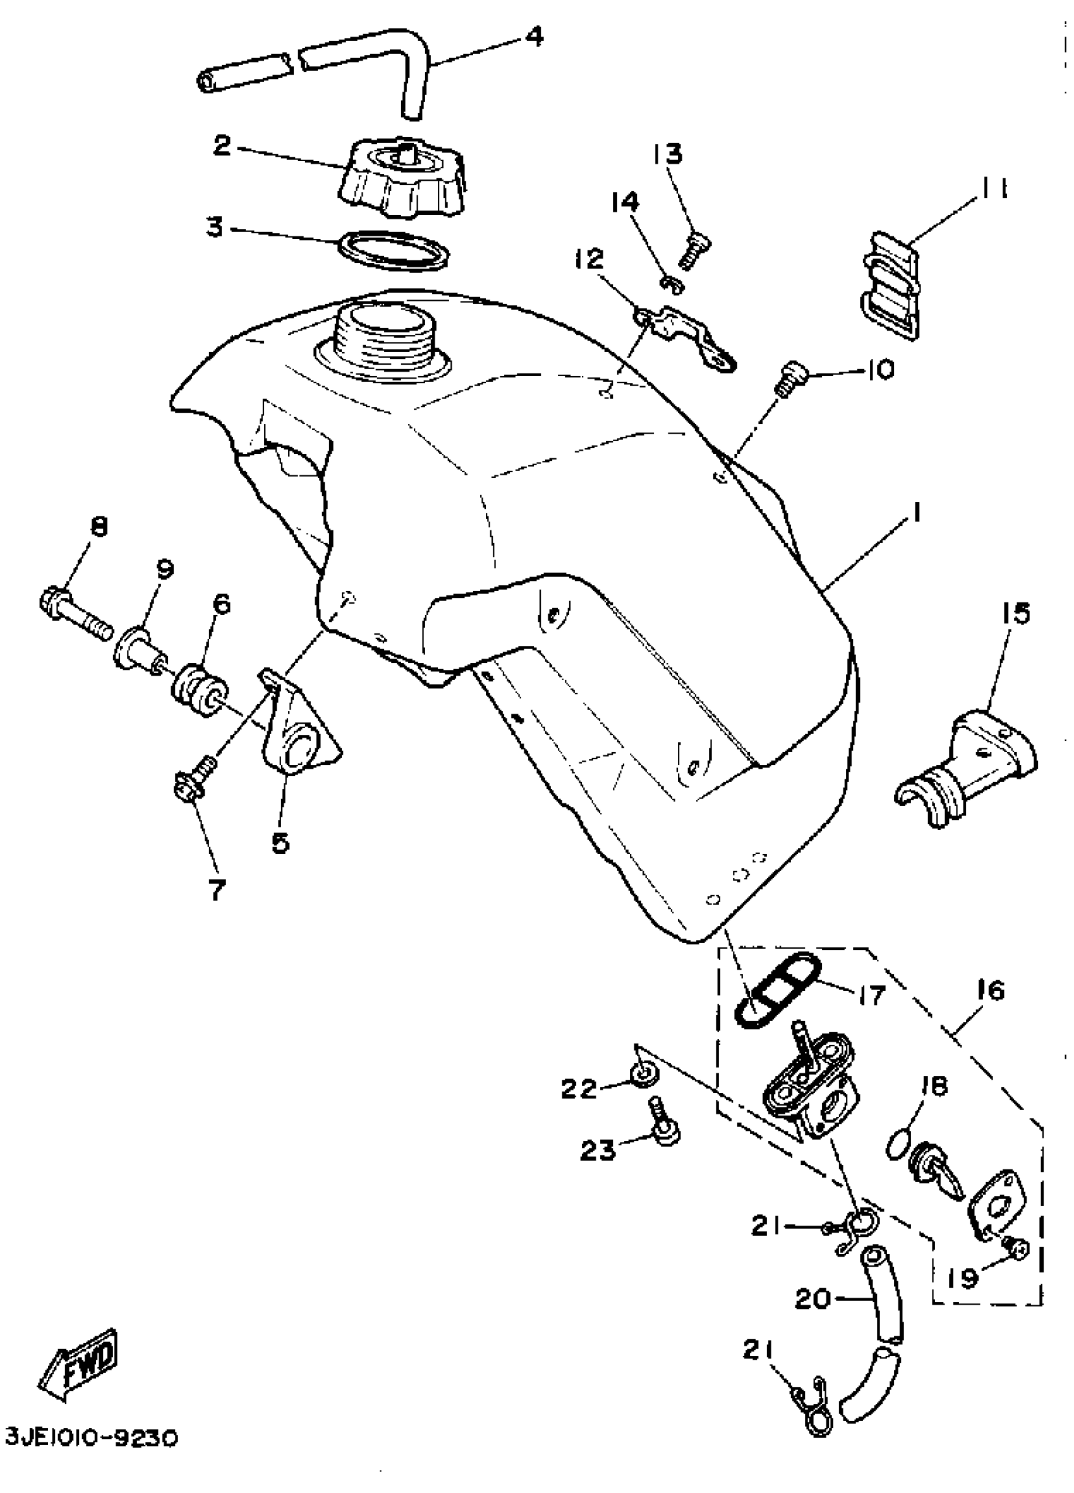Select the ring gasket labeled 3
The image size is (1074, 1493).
(x=394, y=251)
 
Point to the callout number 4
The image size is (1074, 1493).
(x=535, y=37)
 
